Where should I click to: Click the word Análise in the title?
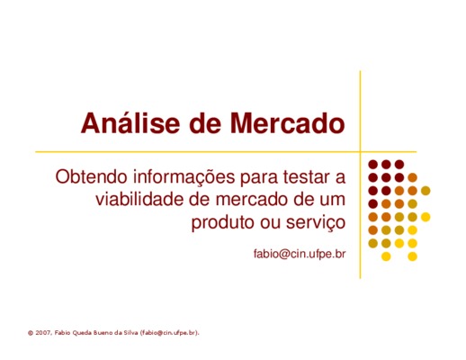coord(130,122)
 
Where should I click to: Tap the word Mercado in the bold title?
coord(287,123)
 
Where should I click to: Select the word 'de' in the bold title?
coord(205,123)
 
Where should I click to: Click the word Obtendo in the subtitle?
coord(92,176)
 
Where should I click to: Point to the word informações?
coord(184,177)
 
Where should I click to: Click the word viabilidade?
coord(139,200)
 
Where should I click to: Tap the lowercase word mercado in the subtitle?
coord(252,200)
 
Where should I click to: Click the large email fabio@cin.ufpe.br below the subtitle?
coord(300,254)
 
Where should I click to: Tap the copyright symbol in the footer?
coord(31,333)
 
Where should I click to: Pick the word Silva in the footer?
coord(130,333)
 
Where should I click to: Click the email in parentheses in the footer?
coord(169,333)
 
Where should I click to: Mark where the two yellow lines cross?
coord(360,152)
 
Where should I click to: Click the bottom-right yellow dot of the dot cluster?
coord(412,256)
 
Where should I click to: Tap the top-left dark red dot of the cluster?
coord(372,165)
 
